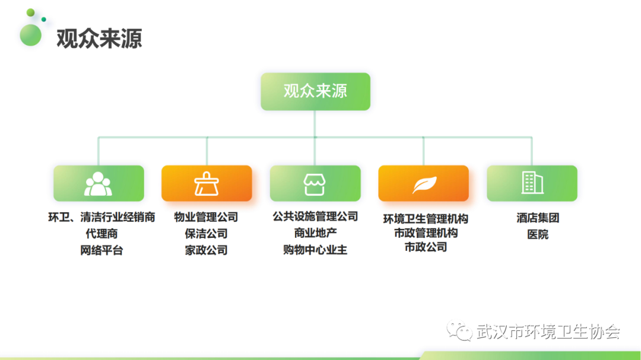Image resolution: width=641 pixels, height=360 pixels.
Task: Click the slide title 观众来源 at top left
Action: (x=99, y=39)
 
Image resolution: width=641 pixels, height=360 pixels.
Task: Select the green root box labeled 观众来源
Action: (x=316, y=91)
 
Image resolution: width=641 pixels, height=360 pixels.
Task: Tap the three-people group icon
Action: (x=98, y=184)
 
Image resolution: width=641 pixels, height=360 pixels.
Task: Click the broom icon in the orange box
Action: (x=207, y=183)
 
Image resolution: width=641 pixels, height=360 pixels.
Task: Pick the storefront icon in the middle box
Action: (x=315, y=184)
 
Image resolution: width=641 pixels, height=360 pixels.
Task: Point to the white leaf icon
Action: (x=424, y=184)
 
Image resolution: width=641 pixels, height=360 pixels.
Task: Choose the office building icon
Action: (x=532, y=182)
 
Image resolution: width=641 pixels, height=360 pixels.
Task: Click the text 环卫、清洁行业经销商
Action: (x=101, y=217)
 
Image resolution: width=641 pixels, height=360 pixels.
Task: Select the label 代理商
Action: (x=101, y=234)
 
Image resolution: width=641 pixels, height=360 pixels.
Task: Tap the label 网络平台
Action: (x=101, y=250)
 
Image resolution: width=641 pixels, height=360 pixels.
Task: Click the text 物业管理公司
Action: (x=206, y=217)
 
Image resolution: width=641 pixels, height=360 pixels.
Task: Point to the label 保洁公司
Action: (x=206, y=234)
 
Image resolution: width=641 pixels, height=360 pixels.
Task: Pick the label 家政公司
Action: (x=206, y=250)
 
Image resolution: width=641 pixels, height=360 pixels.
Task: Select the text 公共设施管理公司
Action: (x=315, y=216)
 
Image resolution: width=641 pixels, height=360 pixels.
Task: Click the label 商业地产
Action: (x=315, y=233)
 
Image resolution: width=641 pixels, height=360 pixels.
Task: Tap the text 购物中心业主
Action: (x=315, y=250)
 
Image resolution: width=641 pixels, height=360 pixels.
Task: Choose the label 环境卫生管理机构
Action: (x=426, y=219)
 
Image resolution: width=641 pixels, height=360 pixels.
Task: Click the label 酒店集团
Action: (x=538, y=218)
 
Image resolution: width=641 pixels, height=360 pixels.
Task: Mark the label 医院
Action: (x=538, y=234)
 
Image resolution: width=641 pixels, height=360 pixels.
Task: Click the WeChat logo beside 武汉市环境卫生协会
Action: (x=459, y=330)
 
